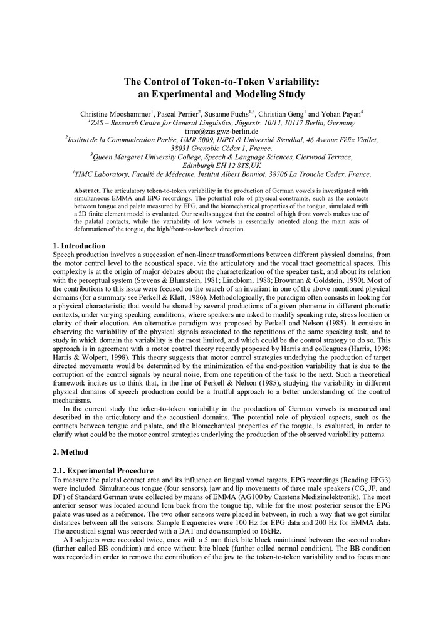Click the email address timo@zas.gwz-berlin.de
[x=221, y=131]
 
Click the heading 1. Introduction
[x=79, y=245]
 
